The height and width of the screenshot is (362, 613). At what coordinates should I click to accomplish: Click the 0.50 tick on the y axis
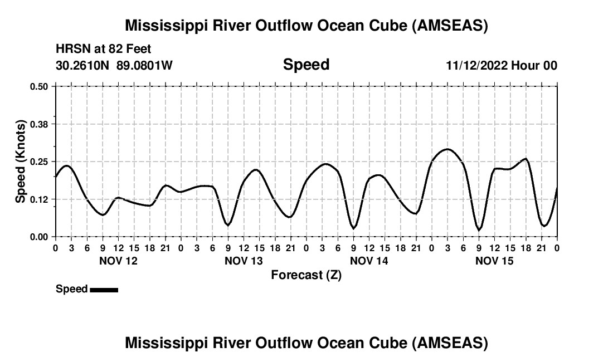40,86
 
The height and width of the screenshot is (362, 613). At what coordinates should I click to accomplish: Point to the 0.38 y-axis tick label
40,124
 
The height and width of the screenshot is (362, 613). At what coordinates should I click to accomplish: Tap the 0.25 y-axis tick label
40,162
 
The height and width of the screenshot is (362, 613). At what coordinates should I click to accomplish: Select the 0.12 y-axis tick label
40,199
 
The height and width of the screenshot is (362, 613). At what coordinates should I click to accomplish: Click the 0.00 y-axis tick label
40,237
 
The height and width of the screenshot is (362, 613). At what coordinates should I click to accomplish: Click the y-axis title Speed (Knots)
21,162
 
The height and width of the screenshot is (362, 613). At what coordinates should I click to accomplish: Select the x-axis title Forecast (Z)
306,275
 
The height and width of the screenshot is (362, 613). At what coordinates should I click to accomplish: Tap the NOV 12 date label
118,261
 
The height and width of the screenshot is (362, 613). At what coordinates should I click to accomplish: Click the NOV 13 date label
243,261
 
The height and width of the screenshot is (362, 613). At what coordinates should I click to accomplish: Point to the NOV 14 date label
369,261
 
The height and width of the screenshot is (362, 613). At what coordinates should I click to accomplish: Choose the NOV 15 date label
494,261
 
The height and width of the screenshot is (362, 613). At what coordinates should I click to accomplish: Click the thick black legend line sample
104,290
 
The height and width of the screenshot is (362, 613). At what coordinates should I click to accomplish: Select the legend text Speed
71,289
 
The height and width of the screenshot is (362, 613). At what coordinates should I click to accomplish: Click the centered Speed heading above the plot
306,65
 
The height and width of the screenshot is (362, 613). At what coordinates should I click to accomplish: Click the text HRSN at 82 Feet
104,49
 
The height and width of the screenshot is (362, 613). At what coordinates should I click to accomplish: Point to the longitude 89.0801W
144,65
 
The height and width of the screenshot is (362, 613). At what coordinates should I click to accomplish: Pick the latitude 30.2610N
83,65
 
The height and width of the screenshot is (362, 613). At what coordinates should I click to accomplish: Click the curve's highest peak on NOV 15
447,149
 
